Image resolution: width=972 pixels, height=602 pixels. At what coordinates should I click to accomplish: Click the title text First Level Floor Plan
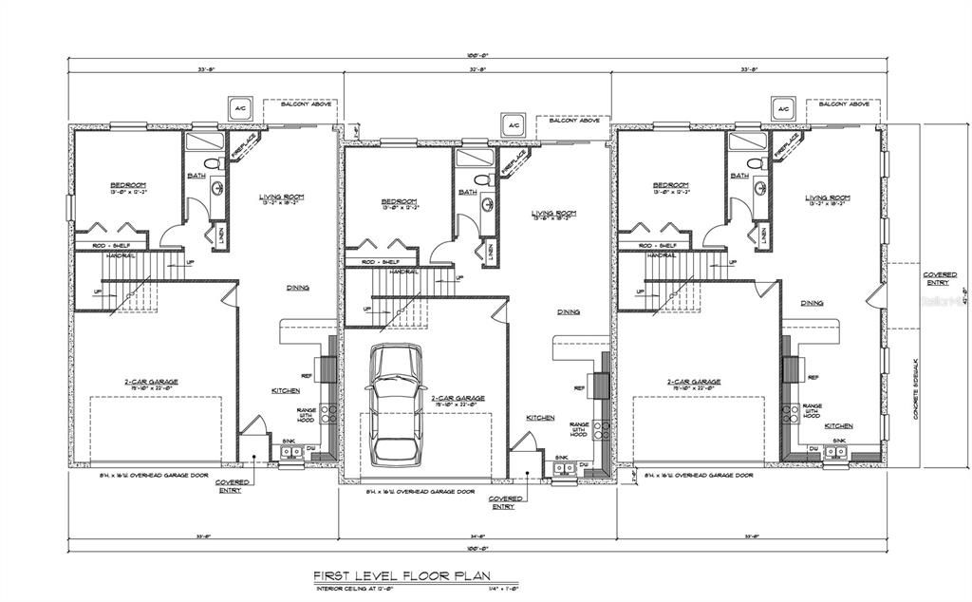[x=414, y=575]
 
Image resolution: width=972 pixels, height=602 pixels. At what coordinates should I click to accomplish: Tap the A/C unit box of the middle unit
[x=513, y=125]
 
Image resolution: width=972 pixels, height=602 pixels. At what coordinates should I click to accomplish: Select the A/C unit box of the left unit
[x=237, y=109]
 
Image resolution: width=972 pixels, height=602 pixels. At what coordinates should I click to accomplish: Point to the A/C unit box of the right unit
[x=783, y=109]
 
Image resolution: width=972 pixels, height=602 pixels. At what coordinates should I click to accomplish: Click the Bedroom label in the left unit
[x=128, y=185]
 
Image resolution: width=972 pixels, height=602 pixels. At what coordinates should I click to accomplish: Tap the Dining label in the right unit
[x=812, y=303]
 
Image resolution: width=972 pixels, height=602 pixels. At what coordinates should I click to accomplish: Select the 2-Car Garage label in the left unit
[x=151, y=382]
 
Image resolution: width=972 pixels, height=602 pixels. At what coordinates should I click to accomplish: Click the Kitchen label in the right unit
[x=838, y=425]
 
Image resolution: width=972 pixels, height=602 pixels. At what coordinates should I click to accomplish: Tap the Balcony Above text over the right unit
[x=846, y=104]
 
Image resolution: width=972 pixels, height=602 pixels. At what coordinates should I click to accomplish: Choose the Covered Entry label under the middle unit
[x=503, y=502]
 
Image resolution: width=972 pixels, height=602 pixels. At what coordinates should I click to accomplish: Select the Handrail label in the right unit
[x=664, y=254]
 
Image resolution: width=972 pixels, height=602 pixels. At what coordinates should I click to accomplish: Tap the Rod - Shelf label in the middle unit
[x=380, y=262]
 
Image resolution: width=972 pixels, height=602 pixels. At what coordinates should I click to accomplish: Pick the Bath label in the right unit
[x=738, y=176]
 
